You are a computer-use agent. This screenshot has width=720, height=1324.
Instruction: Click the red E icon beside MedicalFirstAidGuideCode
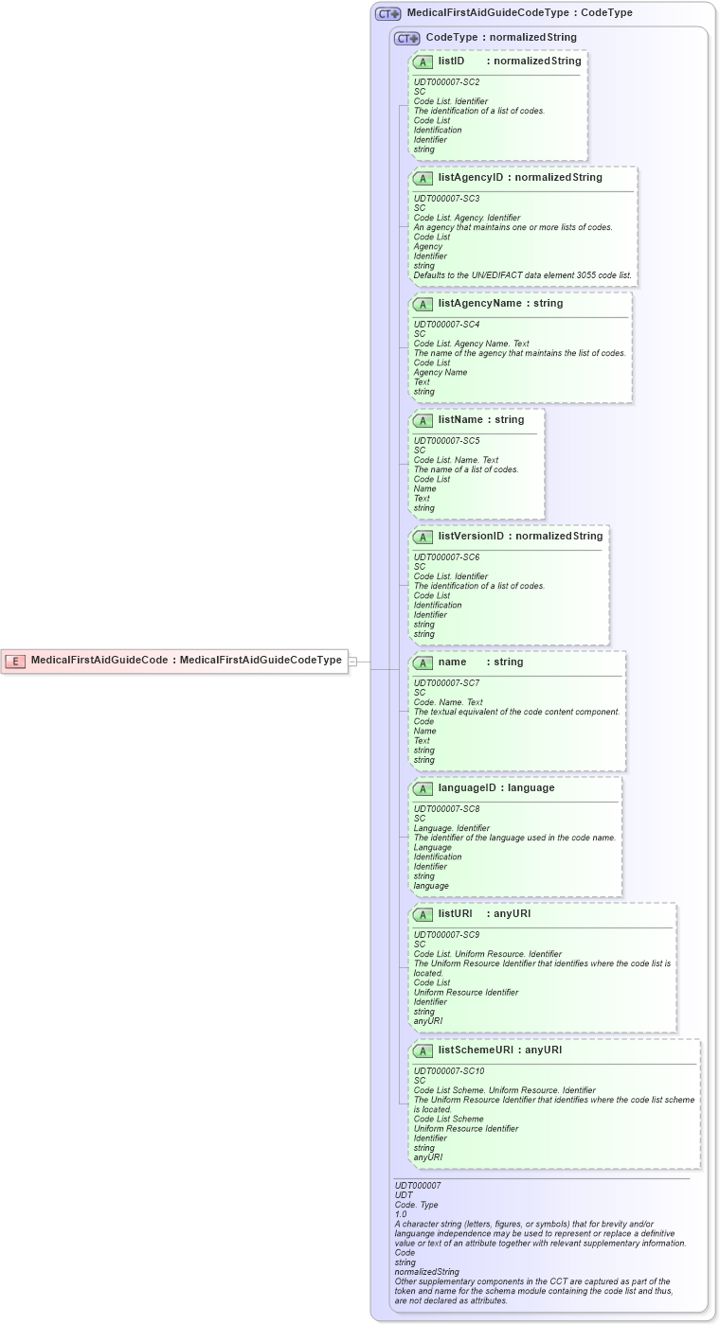[x=14, y=661]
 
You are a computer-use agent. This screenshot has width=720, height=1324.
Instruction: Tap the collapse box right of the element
[x=352, y=662]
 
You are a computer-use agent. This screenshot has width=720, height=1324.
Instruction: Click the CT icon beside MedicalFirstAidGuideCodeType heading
[x=387, y=14]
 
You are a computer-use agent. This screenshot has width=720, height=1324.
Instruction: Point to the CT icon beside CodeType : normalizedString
[x=407, y=38]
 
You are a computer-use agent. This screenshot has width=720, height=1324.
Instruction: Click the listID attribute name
[x=451, y=61]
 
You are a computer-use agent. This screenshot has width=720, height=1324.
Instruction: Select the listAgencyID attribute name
[x=471, y=177]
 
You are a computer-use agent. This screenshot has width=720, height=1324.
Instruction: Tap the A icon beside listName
[x=423, y=420]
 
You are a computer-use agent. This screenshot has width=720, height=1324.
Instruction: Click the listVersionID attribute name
[x=471, y=536]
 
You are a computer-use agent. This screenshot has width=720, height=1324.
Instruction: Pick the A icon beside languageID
[x=423, y=788]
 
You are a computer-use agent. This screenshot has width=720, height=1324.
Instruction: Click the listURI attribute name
[x=455, y=914]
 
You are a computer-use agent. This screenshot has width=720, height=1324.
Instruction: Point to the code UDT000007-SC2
[x=446, y=82]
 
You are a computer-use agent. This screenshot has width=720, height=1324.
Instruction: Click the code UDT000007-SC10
[x=449, y=1071]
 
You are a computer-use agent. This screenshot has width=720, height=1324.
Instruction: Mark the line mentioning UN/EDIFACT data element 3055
[x=522, y=275]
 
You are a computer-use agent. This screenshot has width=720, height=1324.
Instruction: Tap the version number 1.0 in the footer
[x=401, y=1214]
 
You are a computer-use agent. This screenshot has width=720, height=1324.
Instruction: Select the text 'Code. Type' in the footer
[x=416, y=1205]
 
